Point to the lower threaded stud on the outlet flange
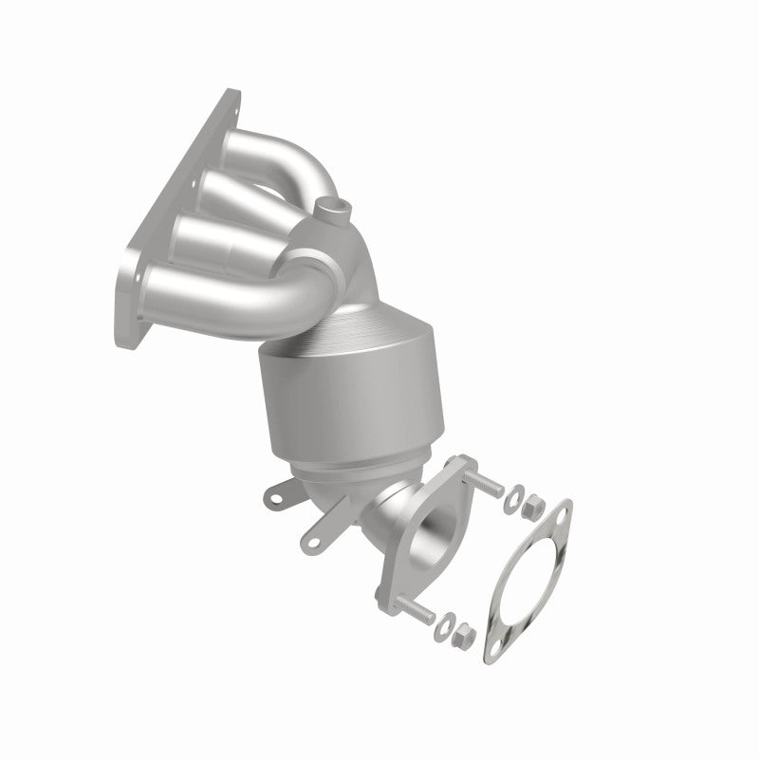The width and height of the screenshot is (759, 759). pyautogui.click(x=411, y=603)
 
